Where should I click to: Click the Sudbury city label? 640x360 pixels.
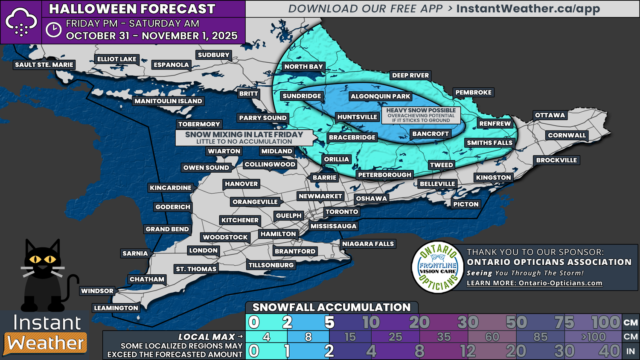tap(213, 55)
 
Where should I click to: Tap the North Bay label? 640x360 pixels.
tap(303, 67)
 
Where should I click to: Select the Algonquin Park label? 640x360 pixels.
tap(380, 96)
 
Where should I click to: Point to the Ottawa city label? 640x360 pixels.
tap(550, 115)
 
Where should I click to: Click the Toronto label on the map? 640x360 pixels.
tap(342, 212)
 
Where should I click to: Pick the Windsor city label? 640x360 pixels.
tap(97, 291)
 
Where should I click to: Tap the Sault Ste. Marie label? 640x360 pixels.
tap(44, 65)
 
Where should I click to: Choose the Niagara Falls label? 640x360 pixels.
tap(368, 244)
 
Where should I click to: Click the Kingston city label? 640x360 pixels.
tap(493, 177)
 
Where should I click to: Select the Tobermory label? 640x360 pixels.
tap(199, 124)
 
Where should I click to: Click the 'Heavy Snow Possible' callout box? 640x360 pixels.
tap(421, 115)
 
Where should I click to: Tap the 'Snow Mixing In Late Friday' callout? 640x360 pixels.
tap(244, 137)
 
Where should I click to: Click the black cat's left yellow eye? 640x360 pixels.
tap(35, 259)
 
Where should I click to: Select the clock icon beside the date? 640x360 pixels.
tap(54, 30)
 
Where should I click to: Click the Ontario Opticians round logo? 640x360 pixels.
tap(438, 267)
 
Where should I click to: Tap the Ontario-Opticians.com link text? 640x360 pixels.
tap(534, 283)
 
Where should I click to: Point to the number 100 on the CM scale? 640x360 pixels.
tap(605, 322)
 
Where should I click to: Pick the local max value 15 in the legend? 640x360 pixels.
tap(350, 337)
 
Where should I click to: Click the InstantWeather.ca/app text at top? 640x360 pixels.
tap(528, 9)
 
